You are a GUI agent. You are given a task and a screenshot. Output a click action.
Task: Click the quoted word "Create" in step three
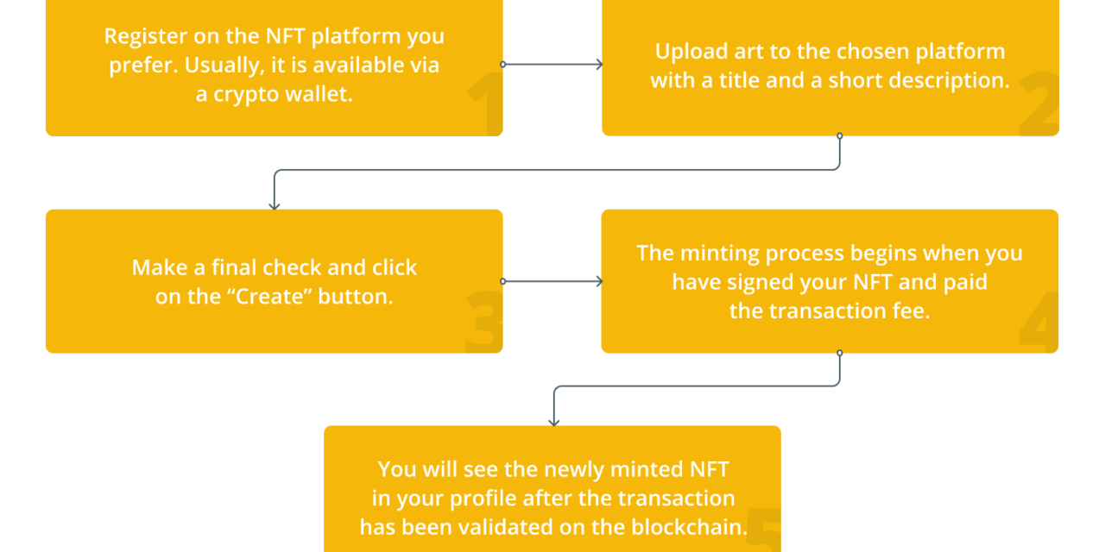tap(275, 296)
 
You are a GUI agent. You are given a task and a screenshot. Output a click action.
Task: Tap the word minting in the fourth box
tap(721, 253)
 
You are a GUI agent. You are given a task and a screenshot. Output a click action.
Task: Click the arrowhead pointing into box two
tap(597, 65)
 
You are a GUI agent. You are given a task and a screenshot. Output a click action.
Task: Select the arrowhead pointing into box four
tap(597, 281)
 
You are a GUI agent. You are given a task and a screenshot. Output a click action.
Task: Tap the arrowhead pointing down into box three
tap(275, 205)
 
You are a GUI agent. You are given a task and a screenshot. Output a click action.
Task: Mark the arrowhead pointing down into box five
tap(554, 422)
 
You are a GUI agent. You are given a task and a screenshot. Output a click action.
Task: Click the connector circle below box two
tap(839, 136)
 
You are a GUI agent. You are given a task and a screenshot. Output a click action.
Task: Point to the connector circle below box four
tap(839, 353)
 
